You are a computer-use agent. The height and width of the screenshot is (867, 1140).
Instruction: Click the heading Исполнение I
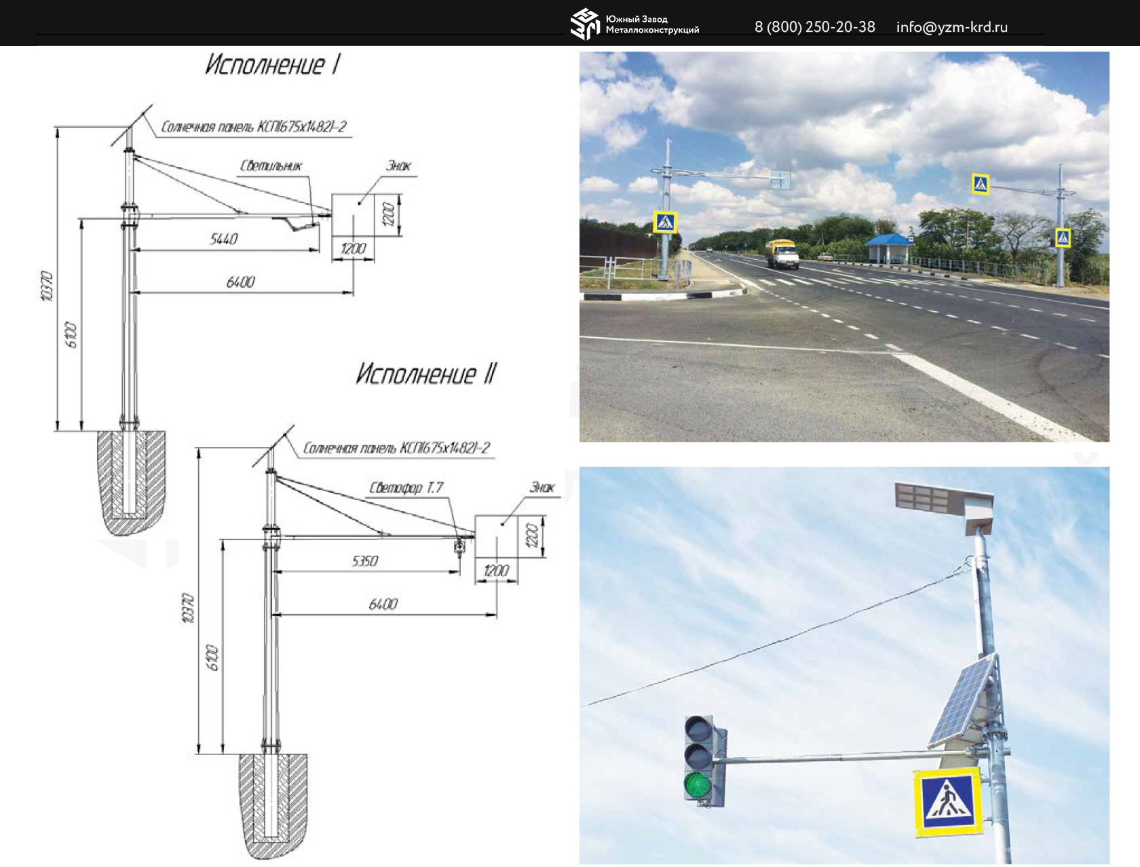tap(272, 65)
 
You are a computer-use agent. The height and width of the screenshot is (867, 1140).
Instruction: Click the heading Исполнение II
tap(426, 374)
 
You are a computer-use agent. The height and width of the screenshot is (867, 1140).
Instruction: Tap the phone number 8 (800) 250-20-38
tap(814, 27)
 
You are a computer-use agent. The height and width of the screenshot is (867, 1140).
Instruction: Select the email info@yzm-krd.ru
tap(951, 27)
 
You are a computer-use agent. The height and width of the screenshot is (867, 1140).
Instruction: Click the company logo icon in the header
tap(585, 24)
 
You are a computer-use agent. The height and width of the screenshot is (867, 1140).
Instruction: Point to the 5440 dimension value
tap(224, 239)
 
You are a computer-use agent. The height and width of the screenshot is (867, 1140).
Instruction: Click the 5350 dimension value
tap(365, 561)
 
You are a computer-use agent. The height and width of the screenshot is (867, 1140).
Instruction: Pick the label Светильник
tap(271, 166)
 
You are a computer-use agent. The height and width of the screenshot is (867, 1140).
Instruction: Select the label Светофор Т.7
tap(406, 488)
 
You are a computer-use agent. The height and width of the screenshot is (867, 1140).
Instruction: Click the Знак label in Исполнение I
tap(398, 166)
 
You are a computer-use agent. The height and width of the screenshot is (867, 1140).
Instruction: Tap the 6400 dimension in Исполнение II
tap(383, 604)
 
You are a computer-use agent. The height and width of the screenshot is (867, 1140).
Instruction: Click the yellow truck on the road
tap(782, 253)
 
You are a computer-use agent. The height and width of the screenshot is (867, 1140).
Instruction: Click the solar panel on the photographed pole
tap(964, 700)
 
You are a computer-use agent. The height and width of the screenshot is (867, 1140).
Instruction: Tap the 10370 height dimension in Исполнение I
tap(46, 286)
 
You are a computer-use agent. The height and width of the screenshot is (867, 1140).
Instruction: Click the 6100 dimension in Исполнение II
tap(213, 658)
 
